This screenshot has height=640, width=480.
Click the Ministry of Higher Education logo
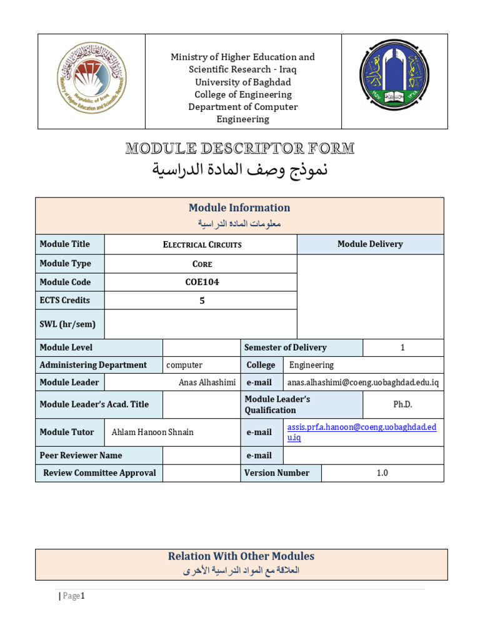91,82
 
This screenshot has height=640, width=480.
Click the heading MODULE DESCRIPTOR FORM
240,149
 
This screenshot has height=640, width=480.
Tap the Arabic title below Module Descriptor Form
240,170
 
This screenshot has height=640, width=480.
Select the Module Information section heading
239,207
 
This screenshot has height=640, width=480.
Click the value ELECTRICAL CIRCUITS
202,244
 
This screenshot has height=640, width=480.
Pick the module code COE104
202,282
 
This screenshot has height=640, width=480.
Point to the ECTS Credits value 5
202,301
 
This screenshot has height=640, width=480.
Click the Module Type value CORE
202,264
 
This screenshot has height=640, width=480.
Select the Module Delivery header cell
370,244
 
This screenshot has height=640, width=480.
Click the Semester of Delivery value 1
402,347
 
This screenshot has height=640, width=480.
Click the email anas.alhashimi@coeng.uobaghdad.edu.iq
362,382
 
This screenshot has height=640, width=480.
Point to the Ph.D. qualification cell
402,404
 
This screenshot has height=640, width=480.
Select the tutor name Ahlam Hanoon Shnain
152,432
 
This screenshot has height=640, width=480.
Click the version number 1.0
382,473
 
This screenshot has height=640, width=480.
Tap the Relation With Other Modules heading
241,556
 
